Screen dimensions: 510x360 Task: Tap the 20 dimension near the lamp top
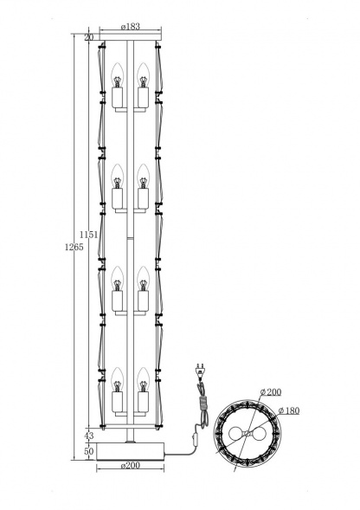pos(88,38)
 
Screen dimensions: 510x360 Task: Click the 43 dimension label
pos(88,436)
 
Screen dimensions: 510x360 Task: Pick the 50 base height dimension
pos(88,452)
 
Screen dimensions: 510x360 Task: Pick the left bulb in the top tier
pos(117,75)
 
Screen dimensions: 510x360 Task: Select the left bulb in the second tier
pos(117,177)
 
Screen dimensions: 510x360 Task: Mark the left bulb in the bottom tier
pos(117,379)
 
